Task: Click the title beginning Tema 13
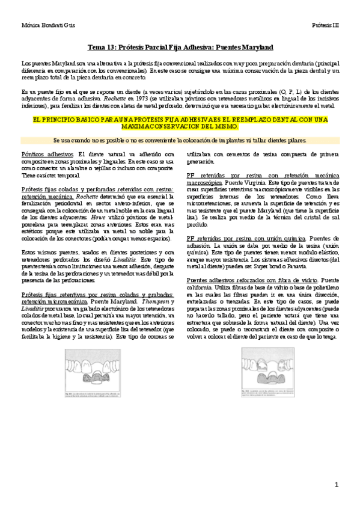(x=180, y=47)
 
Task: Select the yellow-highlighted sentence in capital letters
(x=180, y=123)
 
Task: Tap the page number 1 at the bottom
(x=337, y=484)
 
